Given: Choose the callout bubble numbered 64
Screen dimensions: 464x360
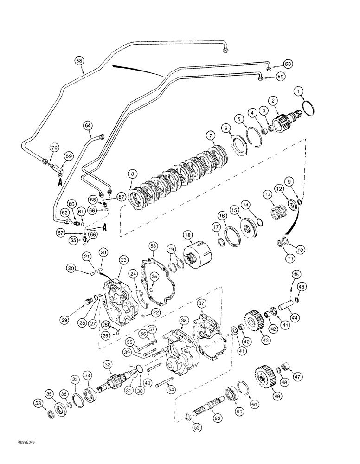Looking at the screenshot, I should pos(87,125).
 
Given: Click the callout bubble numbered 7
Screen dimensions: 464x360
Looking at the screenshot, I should pos(212,136).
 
